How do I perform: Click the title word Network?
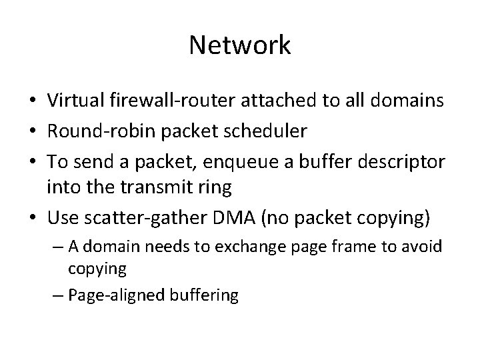coord(240,45)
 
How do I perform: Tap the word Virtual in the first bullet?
coord(74,101)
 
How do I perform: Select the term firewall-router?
coord(165,101)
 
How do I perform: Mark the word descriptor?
coord(397,160)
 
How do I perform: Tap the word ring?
coord(215,189)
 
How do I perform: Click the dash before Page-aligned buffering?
coord(55,295)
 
